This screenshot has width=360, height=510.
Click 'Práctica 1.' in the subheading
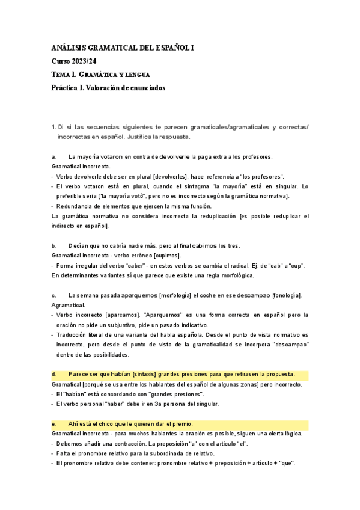click(x=68, y=88)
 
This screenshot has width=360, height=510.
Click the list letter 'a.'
click(x=55, y=156)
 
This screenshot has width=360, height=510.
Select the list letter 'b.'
click(x=55, y=245)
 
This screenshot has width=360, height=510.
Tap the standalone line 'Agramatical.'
click(x=69, y=305)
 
